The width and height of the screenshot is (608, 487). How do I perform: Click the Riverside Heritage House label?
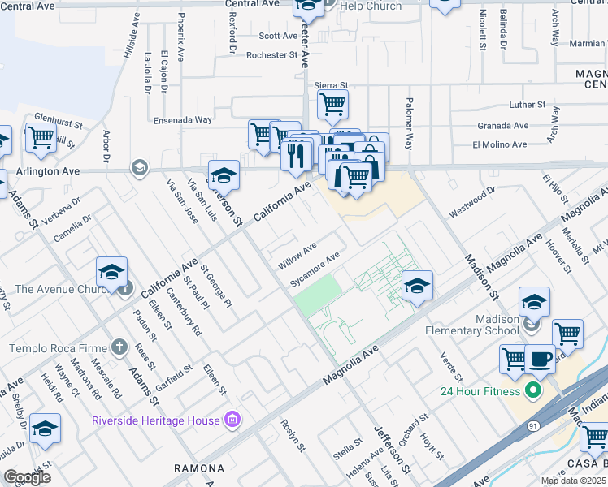pos(155,420)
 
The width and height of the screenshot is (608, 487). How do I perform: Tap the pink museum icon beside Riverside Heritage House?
pos(232,420)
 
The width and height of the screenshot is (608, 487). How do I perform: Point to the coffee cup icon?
pos(541,358)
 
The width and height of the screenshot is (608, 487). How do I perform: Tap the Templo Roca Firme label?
pos(58,348)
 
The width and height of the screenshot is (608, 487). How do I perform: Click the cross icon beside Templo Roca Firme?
pos(119,348)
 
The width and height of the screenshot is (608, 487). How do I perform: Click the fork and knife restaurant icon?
pos(297,153)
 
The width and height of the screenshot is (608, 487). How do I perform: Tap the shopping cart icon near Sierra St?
pos(332,104)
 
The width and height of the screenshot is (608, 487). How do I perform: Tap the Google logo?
pos(28,476)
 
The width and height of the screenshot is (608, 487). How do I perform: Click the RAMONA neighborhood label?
pos(199,468)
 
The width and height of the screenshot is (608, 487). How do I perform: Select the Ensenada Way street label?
pos(183,119)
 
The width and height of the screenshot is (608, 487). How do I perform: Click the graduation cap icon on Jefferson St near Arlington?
pos(224,174)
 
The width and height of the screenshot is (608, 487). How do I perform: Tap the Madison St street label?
pos(480,274)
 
